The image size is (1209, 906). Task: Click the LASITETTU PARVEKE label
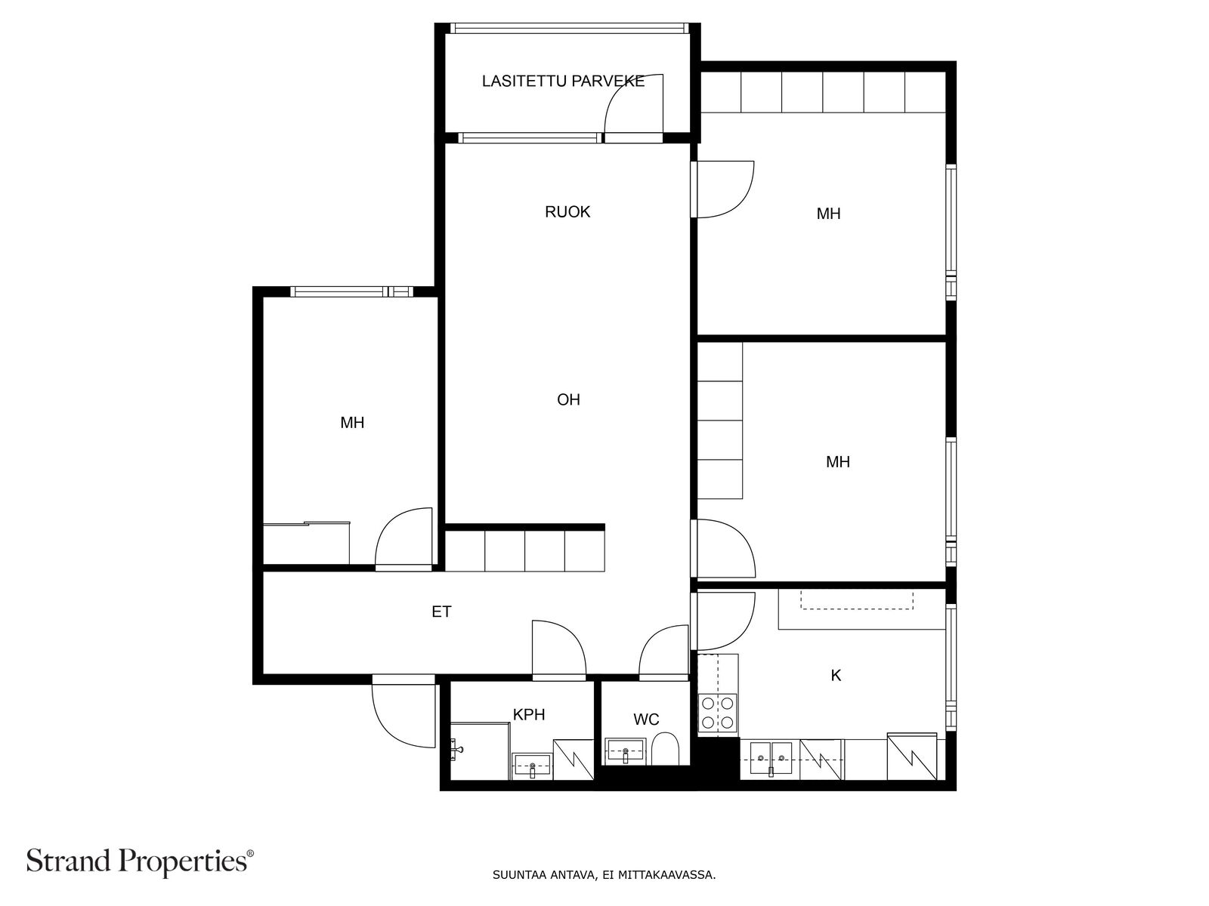pos(563,82)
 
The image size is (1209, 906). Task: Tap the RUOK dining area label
pos(567,212)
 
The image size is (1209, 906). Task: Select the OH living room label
pos(568,399)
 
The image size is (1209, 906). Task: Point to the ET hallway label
pos(441,612)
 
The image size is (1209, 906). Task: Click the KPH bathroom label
pos(529,714)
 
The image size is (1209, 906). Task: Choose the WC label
pos(646,719)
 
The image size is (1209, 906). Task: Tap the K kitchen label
pos(836,676)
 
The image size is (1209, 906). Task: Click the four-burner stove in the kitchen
pos(718,713)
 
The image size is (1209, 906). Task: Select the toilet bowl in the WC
pos(665,749)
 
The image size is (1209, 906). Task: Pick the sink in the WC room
pos(625,751)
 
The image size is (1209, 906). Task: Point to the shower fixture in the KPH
pos(456,749)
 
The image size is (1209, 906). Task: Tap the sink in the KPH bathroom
pos(531,765)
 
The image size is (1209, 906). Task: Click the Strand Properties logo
pos(140,861)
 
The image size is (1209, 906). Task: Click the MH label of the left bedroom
pos(352,423)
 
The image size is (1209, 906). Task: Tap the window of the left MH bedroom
pos(351,291)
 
